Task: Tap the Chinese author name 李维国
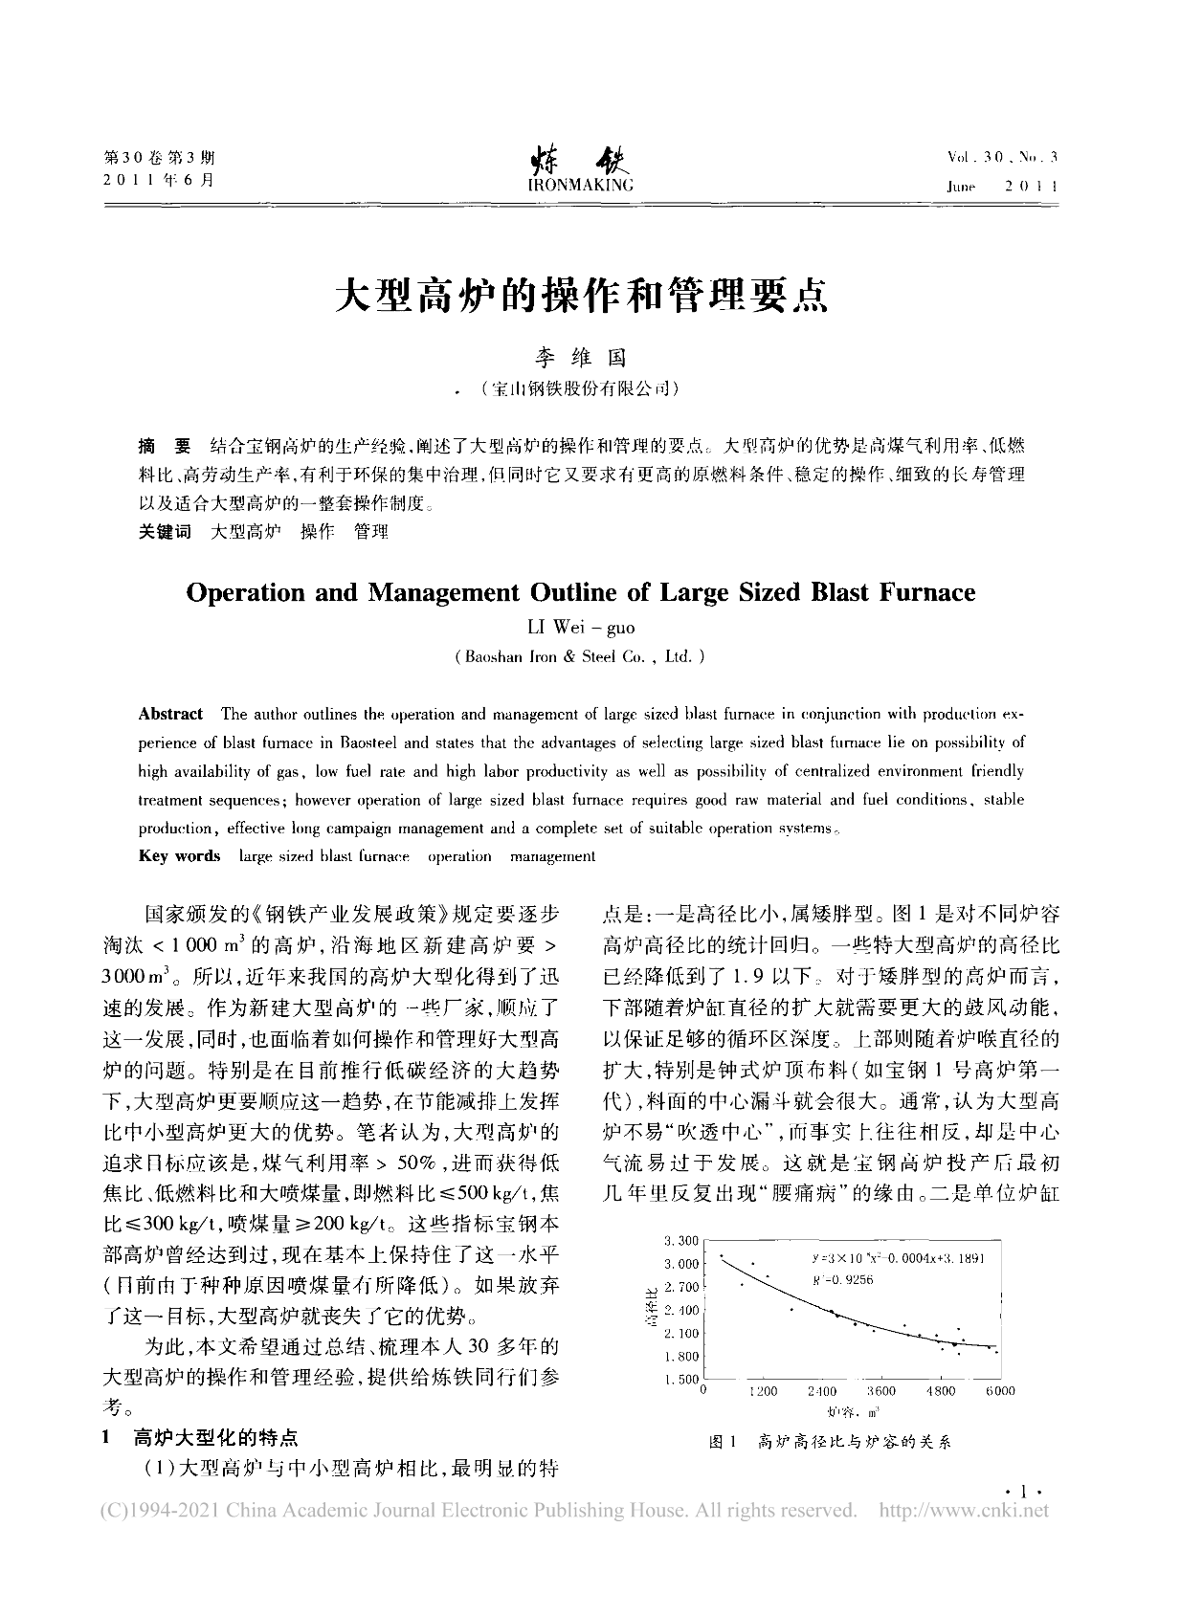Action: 579,358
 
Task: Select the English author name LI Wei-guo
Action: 581,629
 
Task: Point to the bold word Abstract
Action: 170,714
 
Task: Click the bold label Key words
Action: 179,856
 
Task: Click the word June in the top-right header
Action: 961,187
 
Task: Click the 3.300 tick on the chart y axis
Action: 680,1241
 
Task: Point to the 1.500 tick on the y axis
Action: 680,1379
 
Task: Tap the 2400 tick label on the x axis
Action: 822,1391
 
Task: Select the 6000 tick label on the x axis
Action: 1000,1391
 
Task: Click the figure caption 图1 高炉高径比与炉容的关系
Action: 829,1442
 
